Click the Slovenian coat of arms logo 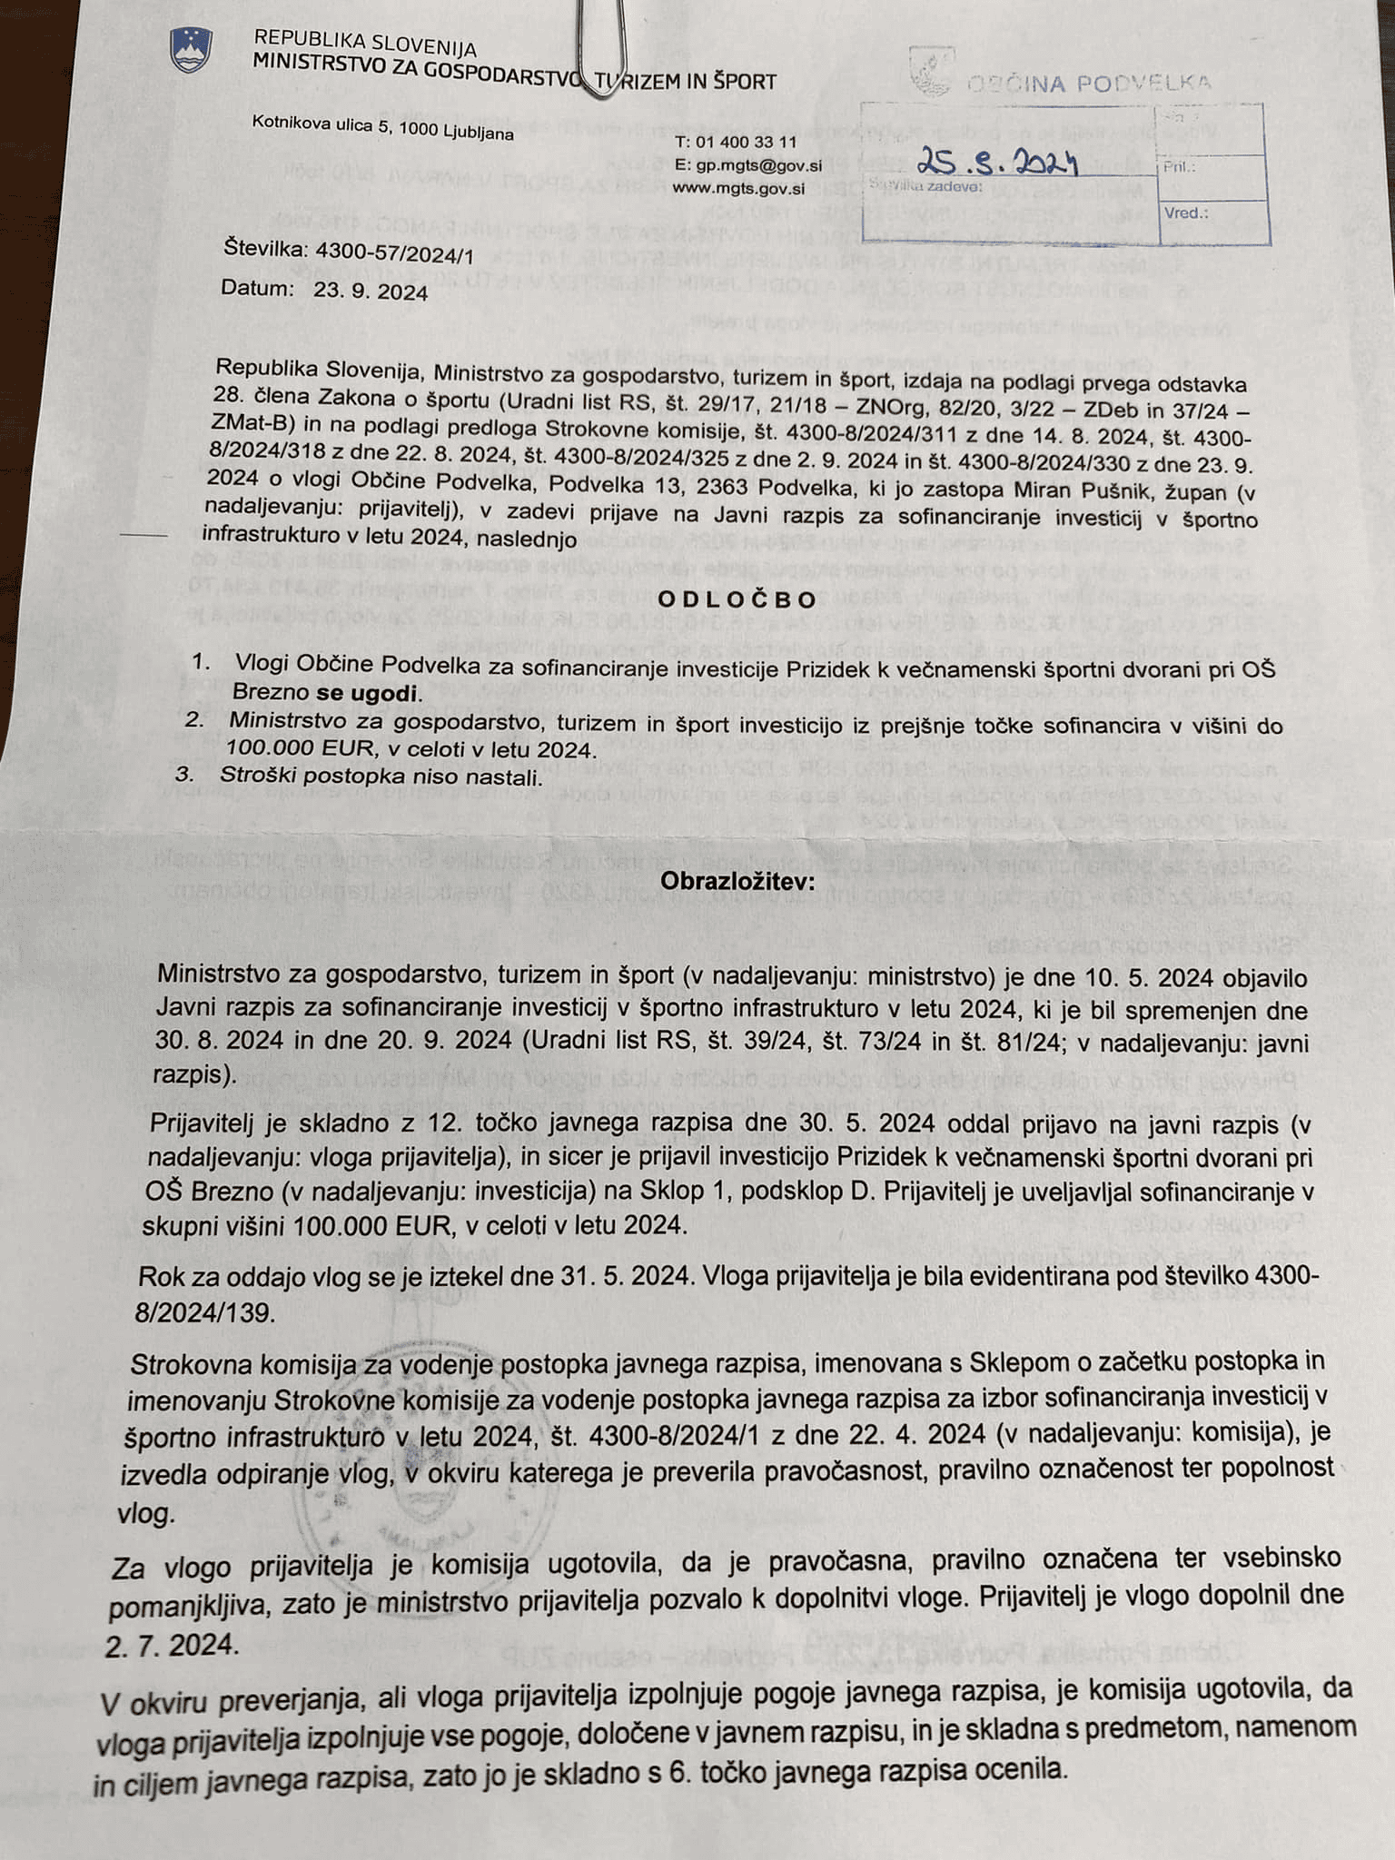[191, 51]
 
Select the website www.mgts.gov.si [737, 189]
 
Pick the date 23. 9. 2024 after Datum [371, 292]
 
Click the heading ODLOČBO [737, 599]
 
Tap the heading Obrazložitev [737, 881]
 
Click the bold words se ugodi [368, 694]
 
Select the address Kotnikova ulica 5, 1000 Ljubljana [382, 126]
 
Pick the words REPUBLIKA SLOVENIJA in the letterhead [365, 43]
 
